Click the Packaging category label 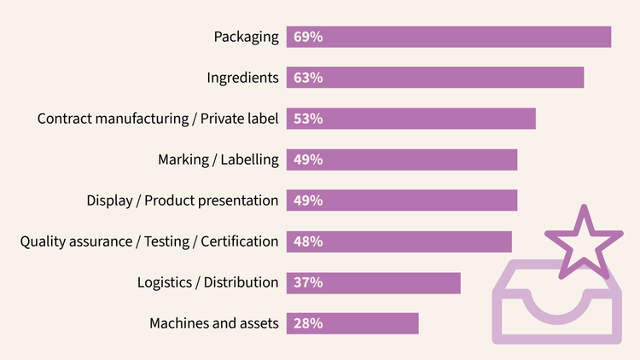246,37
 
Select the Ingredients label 242,78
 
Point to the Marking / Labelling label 218,160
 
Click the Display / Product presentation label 182,200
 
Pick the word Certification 240,241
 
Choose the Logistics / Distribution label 207,282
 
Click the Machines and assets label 213,323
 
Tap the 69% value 307,37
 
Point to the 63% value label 307,78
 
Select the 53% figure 307,119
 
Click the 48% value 307,241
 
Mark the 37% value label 307,282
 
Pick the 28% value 307,323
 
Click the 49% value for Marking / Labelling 307,160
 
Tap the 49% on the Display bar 307,200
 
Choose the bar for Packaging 461,37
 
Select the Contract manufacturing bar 427,119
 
